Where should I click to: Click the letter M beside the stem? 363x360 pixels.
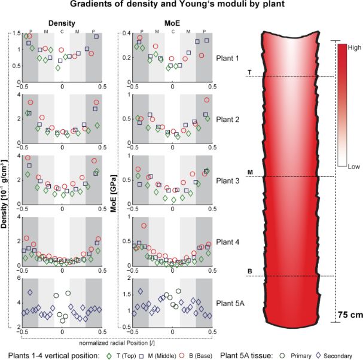pos(249,172)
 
